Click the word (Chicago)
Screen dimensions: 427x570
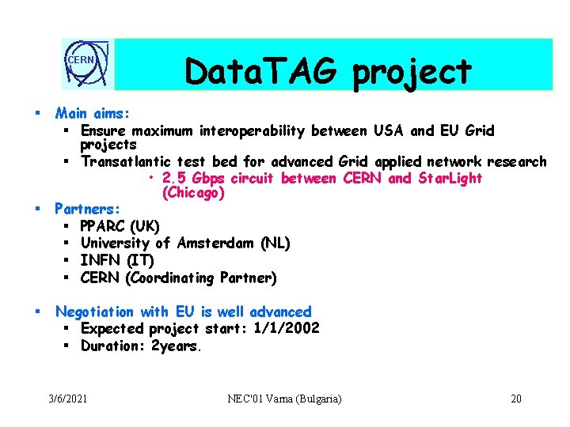(x=193, y=192)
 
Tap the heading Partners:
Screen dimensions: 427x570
(x=88, y=210)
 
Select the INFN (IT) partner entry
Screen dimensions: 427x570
(x=116, y=260)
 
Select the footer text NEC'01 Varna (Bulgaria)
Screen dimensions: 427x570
(x=284, y=399)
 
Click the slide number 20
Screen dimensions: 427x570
(x=516, y=399)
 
